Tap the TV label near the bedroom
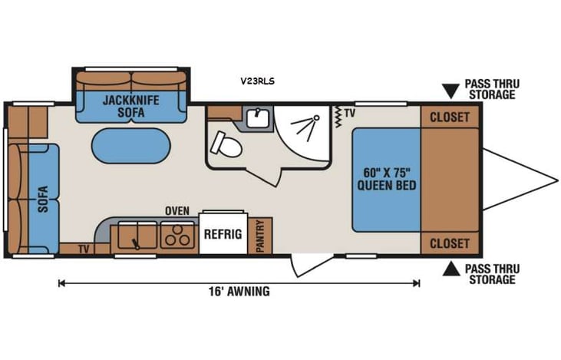349,113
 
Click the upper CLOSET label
450,117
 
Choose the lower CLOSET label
450,243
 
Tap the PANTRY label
261,236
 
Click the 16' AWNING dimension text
239,292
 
